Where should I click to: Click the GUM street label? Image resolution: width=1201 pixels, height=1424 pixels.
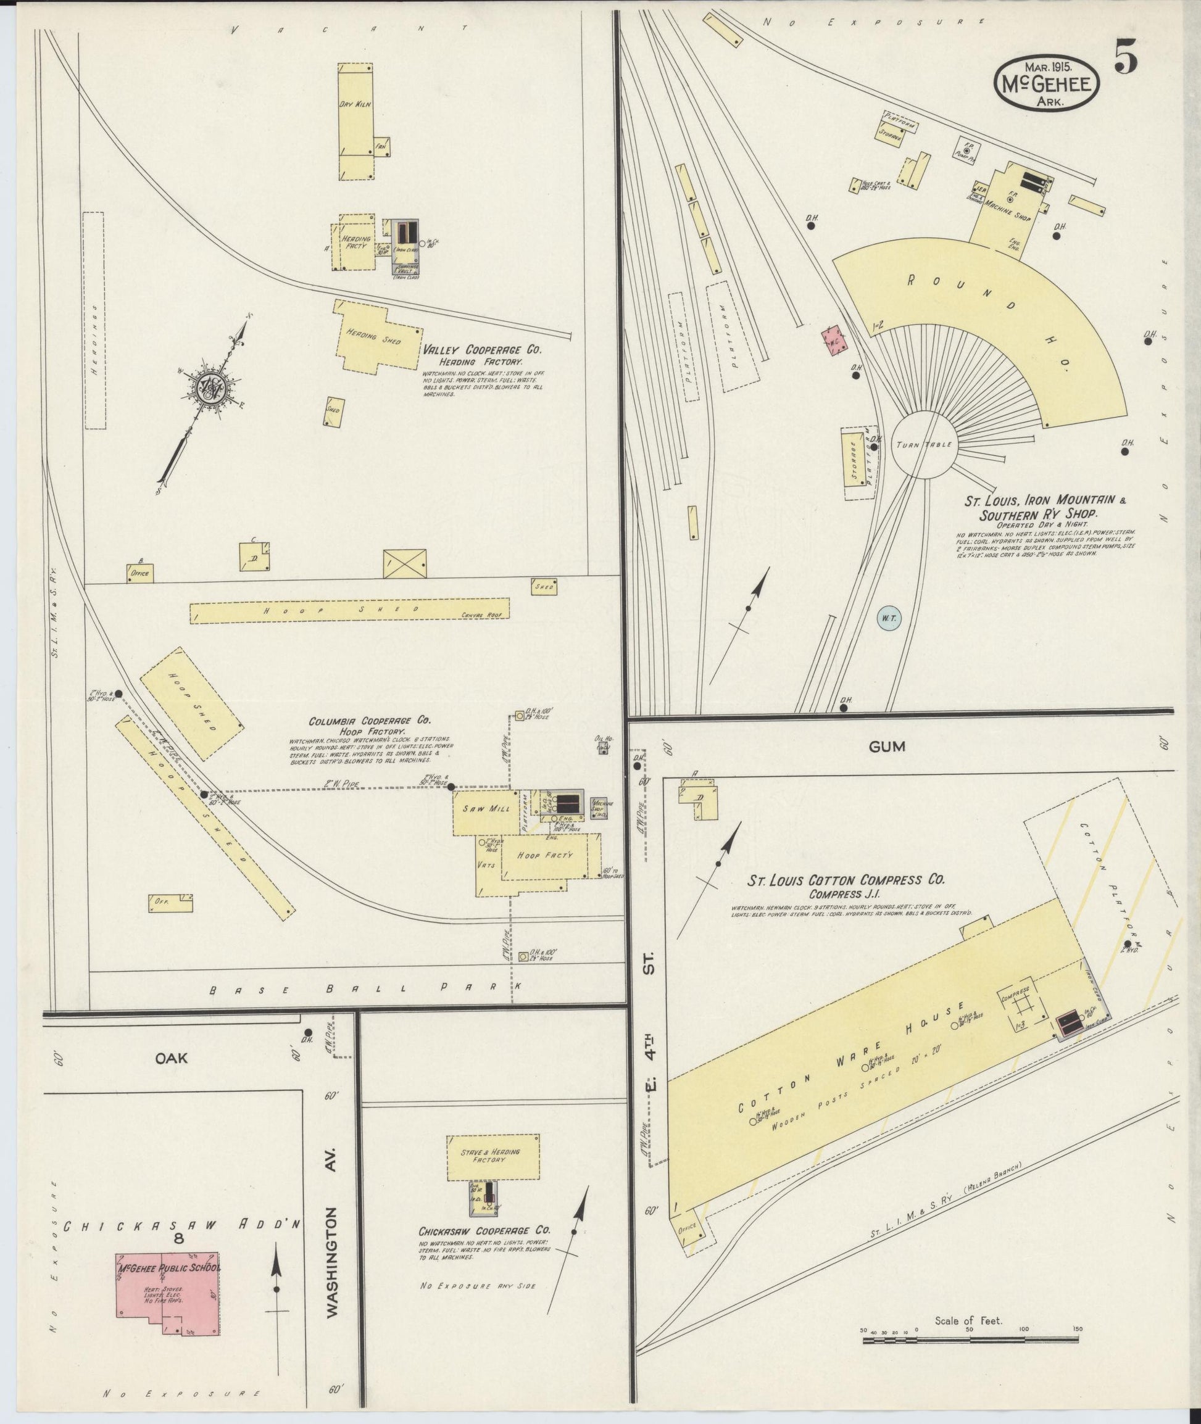887,747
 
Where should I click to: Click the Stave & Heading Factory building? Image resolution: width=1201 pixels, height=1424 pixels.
493,1156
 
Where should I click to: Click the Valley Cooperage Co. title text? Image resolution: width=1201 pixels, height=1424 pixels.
481,350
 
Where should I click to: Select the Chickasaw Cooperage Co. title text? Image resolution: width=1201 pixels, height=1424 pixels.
484,1250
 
